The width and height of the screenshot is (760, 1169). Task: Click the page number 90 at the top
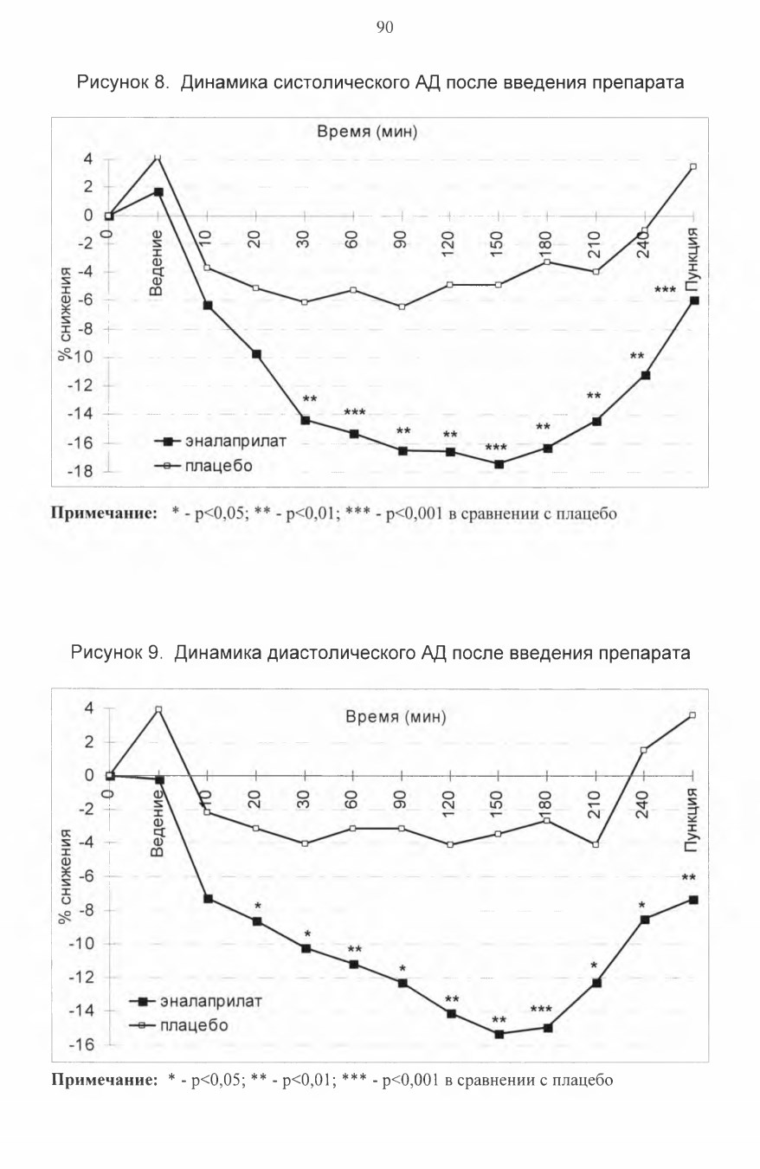click(x=384, y=27)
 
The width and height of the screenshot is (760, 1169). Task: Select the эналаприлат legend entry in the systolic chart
click(x=220, y=442)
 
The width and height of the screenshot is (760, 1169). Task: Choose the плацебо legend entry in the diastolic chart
click(x=178, y=1025)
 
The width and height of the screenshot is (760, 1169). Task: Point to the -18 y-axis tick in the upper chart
click(x=81, y=471)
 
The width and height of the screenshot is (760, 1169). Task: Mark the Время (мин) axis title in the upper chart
click(x=367, y=132)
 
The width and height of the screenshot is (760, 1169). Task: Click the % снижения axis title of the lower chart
click(x=65, y=876)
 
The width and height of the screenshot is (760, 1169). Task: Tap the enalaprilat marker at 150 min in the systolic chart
click(x=499, y=464)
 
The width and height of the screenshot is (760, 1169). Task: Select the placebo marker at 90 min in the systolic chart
click(x=402, y=307)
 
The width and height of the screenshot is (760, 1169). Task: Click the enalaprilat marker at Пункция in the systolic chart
click(x=693, y=300)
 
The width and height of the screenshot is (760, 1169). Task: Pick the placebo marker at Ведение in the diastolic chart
click(x=158, y=709)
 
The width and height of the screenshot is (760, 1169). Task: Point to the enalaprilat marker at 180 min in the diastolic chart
click(x=548, y=1028)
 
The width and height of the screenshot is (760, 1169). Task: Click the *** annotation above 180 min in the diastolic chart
click(x=541, y=1009)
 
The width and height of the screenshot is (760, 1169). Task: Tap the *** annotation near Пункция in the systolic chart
click(x=665, y=289)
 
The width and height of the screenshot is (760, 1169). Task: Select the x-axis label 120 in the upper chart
click(x=448, y=243)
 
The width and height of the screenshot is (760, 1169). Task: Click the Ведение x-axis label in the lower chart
click(x=157, y=823)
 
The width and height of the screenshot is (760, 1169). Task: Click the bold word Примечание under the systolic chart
click(x=105, y=513)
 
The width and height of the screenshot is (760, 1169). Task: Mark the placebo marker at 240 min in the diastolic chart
click(x=644, y=750)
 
